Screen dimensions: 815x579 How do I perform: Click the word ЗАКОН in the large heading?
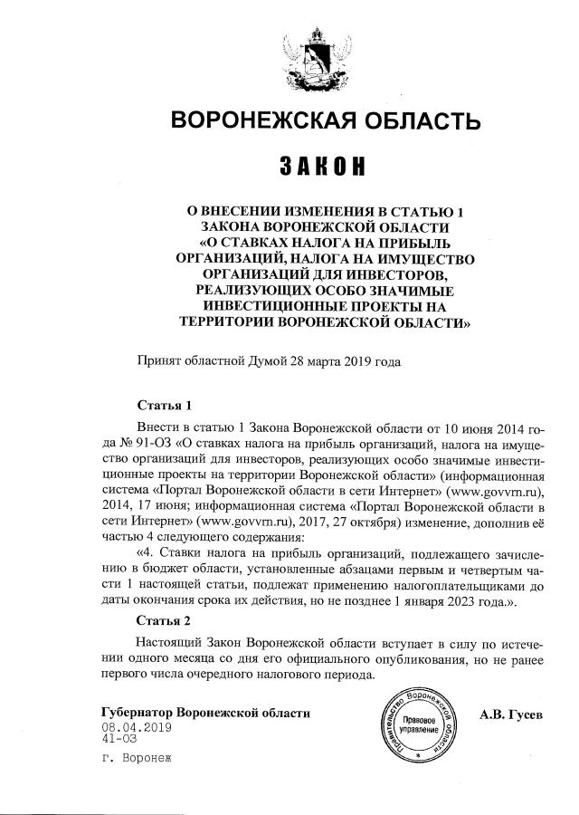coord(324,167)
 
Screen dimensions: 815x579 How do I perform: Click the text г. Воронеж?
coord(137,758)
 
